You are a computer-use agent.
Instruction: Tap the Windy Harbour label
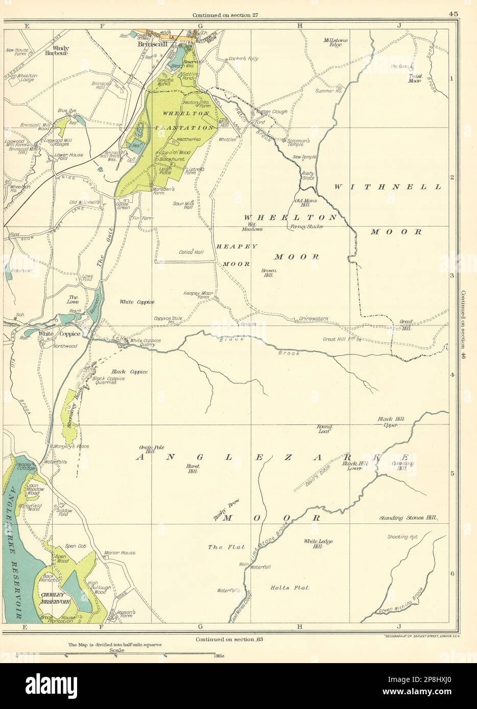[x=57, y=50]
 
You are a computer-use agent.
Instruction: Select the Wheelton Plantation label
[x=180, y=120]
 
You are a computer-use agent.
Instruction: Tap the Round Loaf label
[x=325, y=428]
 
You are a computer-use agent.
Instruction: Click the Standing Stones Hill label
[x=408, y=518]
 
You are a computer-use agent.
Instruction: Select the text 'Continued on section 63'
[x=228, y=639]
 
